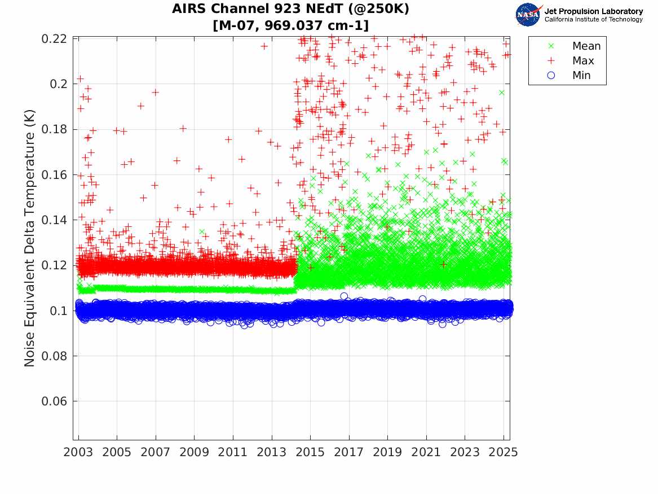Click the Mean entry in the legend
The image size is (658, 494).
(x=586, y=46)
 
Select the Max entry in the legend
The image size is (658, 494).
(x=583, y=61)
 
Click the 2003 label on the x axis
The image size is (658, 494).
(x=78, y=452)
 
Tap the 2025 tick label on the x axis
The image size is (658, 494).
(x=504, y=452)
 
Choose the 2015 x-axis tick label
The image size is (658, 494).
(x=310, y=452)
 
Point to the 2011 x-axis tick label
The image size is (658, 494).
(x=233, y=452)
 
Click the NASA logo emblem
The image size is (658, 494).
(x=528, y=15)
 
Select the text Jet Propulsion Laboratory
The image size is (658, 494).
(x=593, y=11)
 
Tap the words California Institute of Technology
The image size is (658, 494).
(x=593, y=20)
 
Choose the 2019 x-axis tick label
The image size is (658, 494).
(x=387, y=452)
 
